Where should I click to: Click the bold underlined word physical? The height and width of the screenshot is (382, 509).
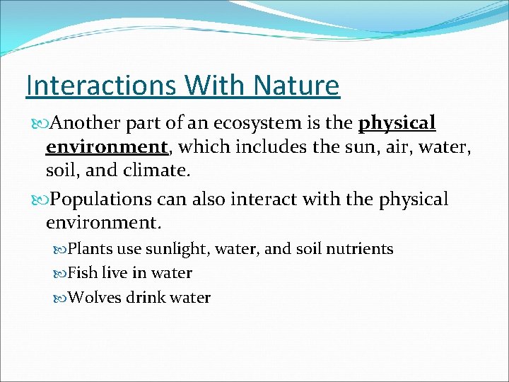(397, 124)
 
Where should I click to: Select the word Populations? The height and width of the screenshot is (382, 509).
(100, 200)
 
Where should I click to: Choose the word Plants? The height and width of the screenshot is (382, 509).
(90, 249)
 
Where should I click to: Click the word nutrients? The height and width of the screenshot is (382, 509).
(358, 249)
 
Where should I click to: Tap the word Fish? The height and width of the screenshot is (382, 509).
(83, 273)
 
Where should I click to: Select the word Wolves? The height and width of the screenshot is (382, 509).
(95, 297)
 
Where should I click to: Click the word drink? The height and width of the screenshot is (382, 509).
(145, 297)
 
